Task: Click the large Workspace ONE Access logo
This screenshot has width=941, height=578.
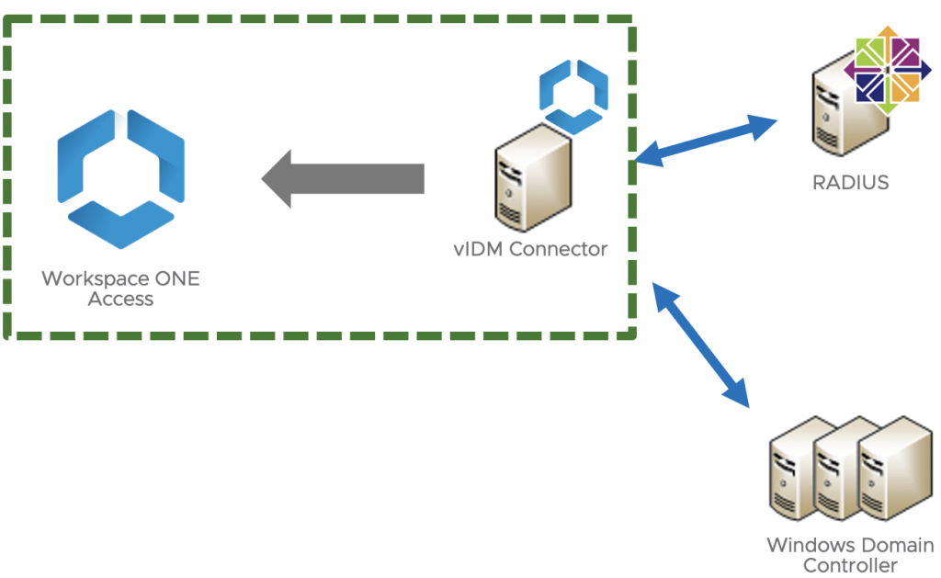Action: (x=120, y=178)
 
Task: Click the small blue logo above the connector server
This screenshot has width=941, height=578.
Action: (x=573, y=96)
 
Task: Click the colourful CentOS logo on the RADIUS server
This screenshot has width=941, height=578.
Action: (x=888, y=70)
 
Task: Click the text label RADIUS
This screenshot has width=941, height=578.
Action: (x=850, y=182)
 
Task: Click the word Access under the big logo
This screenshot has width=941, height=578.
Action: (x=120, y=299)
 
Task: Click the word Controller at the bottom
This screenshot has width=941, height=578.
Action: (x=850, y=565)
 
